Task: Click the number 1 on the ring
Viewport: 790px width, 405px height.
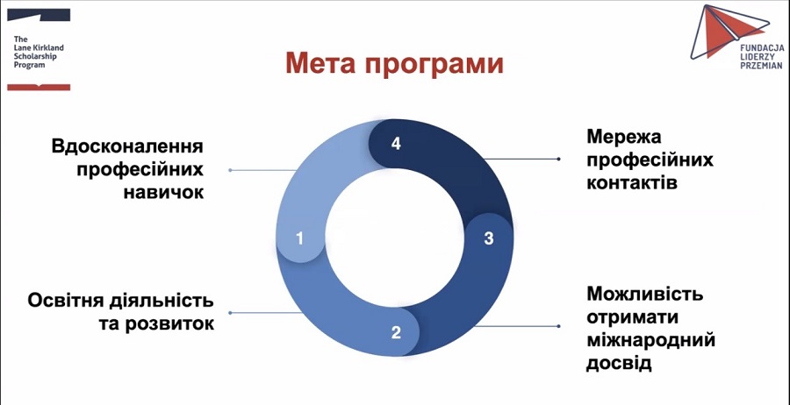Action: pyautogui.click(x=299, y=237)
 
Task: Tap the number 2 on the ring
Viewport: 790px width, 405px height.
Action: pyautogui.click(x=396, y=332)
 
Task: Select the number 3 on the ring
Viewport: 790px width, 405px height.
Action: pyautogui.click(x=489, y=238)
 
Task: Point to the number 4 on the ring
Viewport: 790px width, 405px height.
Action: pyautogui.click(x=396, y=144)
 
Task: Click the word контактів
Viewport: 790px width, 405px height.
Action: pyautogui.click(x=631, y=183)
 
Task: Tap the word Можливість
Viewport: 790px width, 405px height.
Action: pyautogui.click(x=644, y=293)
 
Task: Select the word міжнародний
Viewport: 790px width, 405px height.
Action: pyautogui.click(x=650, y=339)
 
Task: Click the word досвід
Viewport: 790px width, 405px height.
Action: pyautogui.click(x=619, y=362)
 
